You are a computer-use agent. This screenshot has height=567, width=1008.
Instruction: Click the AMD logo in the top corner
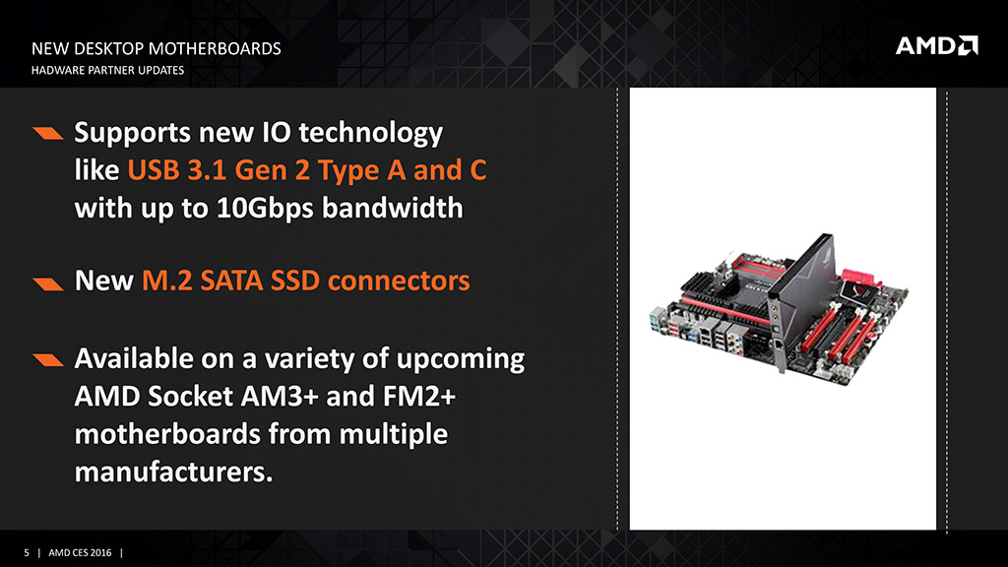937,45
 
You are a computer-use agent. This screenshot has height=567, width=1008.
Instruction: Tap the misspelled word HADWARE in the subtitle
55,70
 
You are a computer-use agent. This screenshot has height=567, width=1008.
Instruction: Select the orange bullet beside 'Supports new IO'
48,133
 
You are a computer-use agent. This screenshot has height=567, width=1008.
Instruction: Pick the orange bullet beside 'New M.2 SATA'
48,284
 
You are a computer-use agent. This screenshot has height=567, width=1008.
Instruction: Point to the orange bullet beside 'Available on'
48,359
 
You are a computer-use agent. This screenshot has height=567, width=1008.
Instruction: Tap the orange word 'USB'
153,170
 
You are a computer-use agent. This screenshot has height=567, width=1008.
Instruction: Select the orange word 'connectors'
399,281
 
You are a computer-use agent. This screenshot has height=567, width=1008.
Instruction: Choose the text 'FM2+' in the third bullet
419,396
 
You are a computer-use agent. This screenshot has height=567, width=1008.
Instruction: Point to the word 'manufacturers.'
173,472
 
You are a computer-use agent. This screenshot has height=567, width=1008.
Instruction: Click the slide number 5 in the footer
27,553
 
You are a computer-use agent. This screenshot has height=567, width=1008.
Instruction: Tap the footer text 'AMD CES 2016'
80,553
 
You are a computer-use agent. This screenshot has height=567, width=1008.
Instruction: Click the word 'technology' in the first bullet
371,134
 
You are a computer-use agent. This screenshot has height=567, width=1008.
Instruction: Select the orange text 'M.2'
166,281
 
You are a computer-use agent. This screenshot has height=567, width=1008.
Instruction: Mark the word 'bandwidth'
392,209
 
